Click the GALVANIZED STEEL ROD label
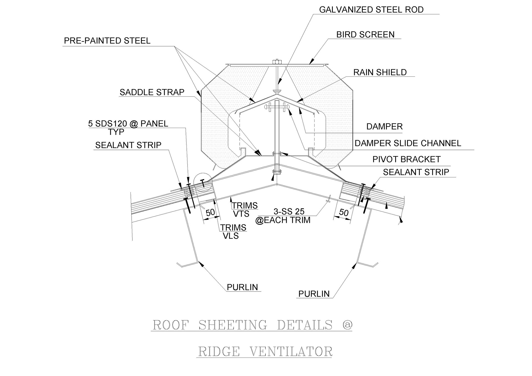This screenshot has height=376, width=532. point(371,10)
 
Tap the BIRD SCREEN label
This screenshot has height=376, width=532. point(365,35)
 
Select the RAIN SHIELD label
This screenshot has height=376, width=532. point(380,72)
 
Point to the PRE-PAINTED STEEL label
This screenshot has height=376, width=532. point(107,41)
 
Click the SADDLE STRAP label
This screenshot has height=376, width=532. point(152,92)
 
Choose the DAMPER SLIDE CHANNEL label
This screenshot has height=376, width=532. point(408,143)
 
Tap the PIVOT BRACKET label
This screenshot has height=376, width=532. point(406,159)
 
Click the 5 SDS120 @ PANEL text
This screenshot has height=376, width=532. point(128,124)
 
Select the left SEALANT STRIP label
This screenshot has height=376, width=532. point(128,145)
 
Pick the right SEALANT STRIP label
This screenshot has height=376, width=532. point(416,172)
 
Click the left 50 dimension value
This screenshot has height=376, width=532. point(210,212)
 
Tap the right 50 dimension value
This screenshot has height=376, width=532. point(344,213)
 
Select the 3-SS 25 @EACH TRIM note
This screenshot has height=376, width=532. point(283,216)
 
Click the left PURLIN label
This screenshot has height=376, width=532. point(242,287)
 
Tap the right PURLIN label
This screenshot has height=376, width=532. point(314,294)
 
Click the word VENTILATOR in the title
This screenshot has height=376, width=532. point(291,352)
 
